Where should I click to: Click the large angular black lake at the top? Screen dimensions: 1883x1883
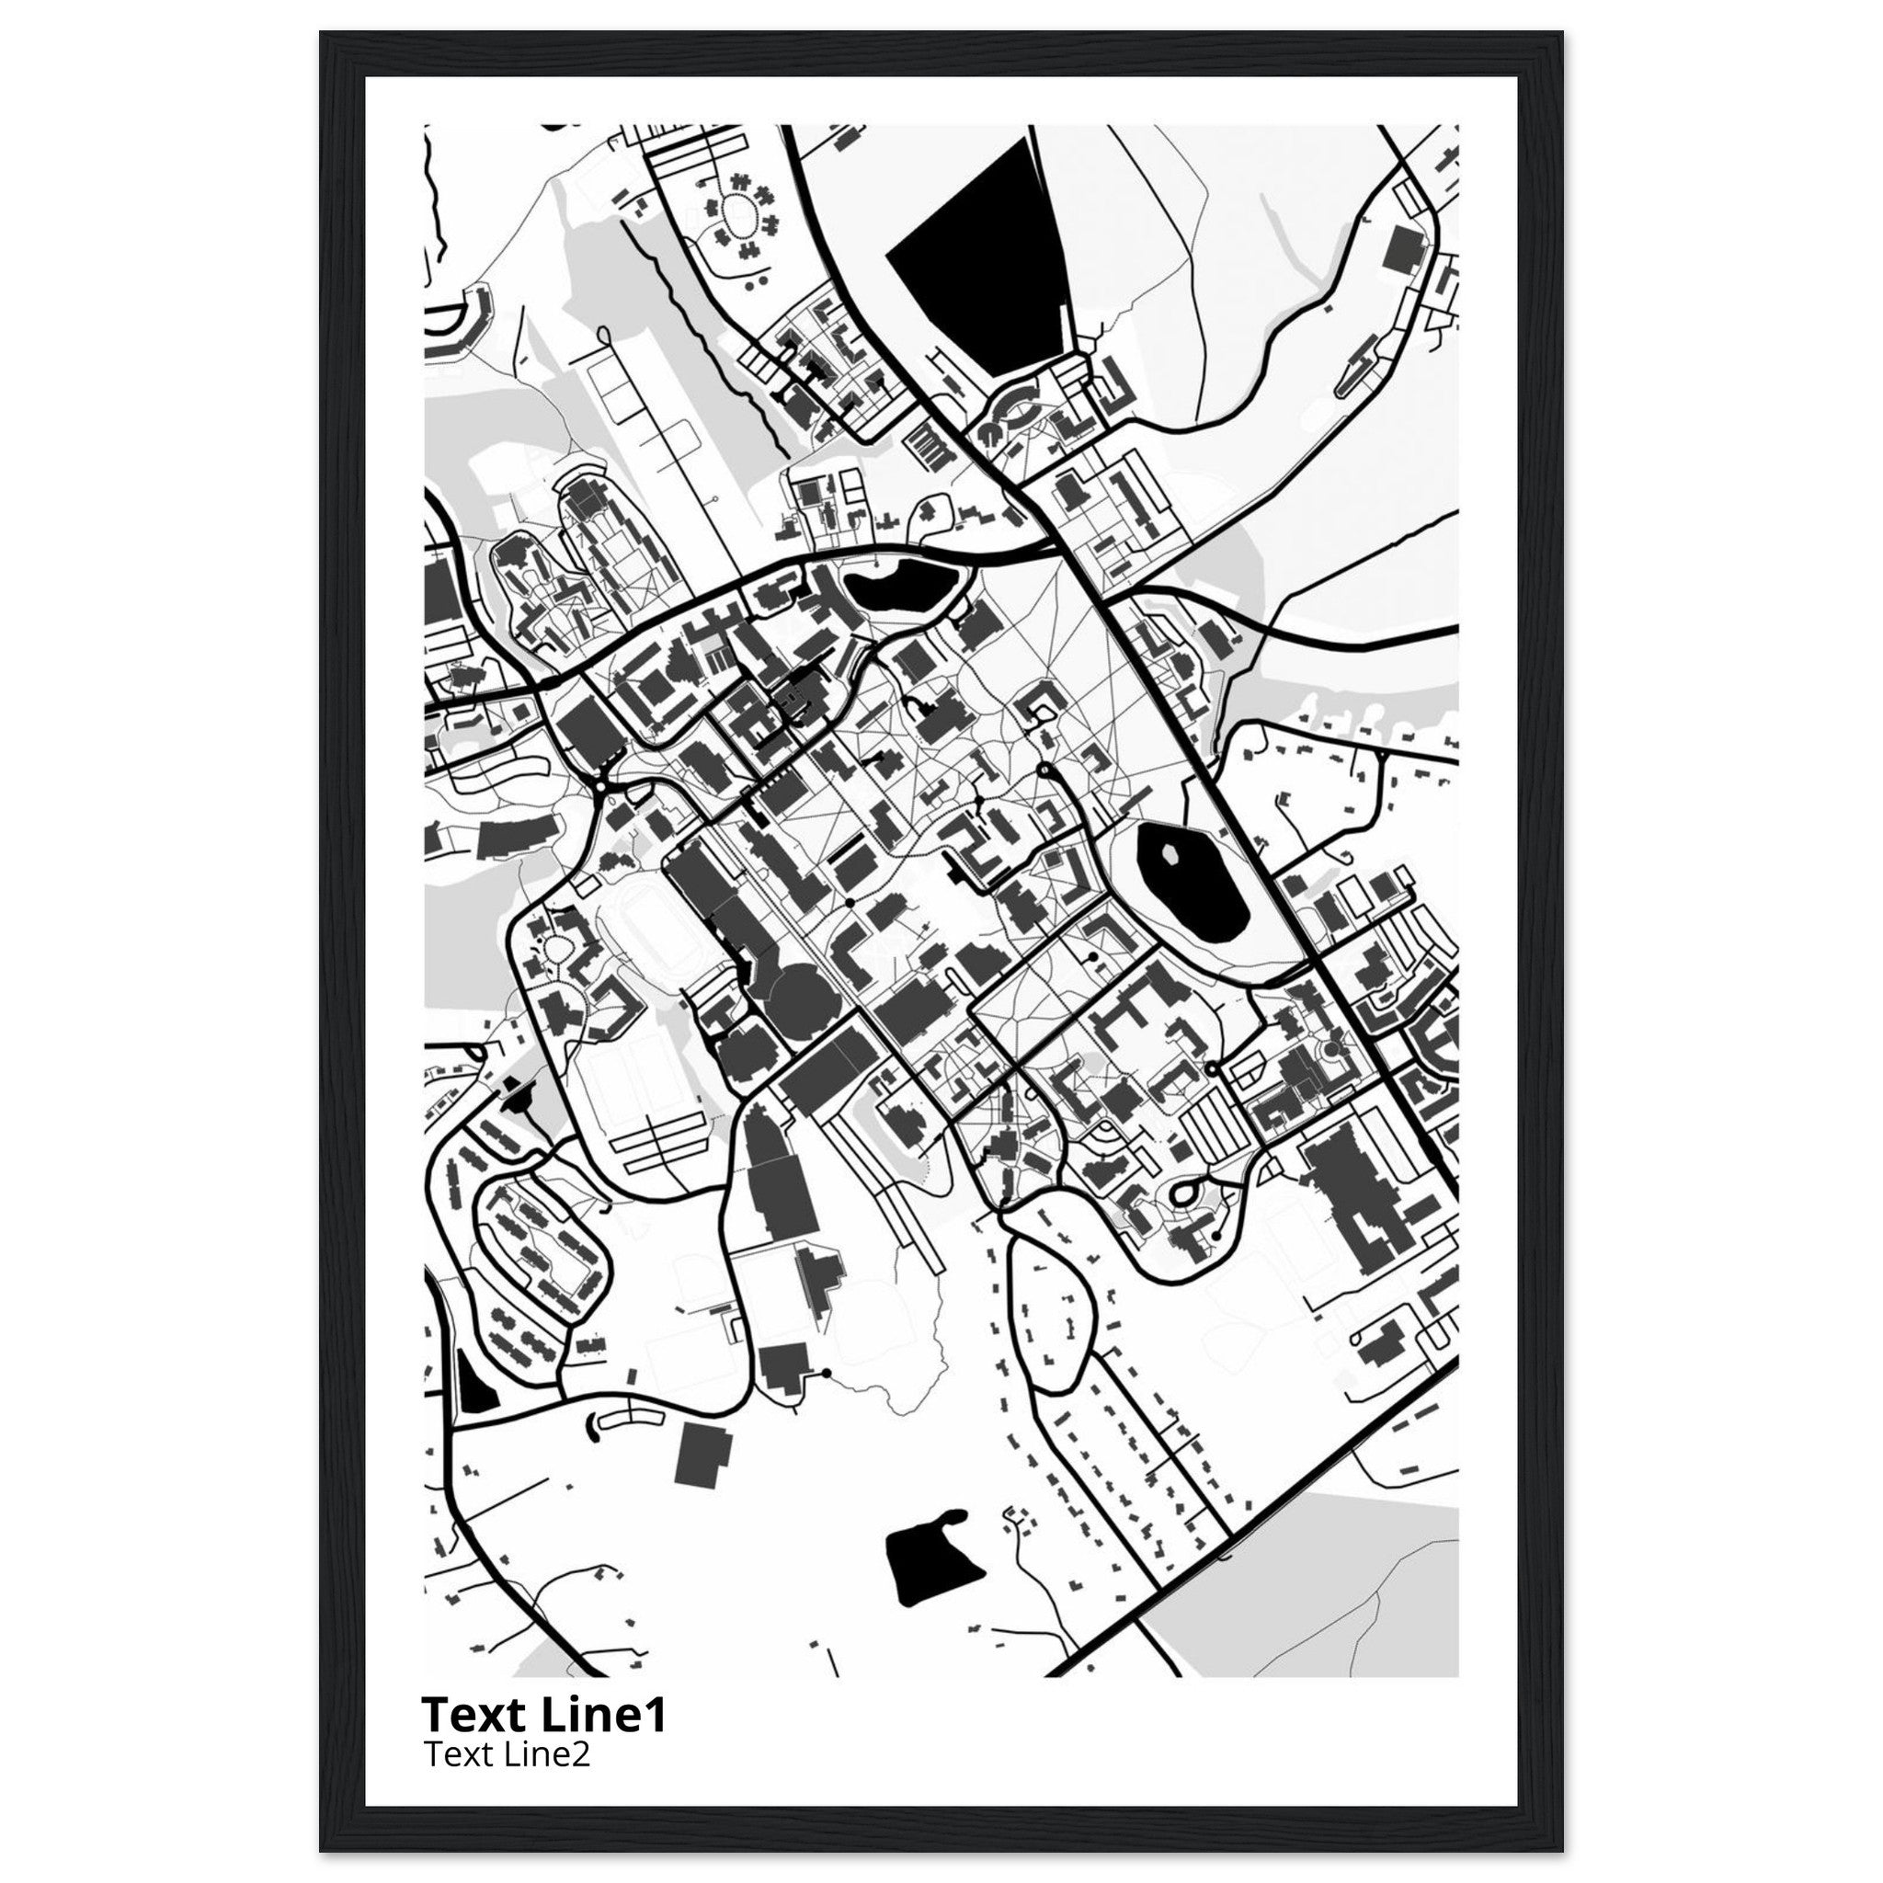tap(985, 254)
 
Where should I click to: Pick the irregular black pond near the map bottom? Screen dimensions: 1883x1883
tap(927, 1564)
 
